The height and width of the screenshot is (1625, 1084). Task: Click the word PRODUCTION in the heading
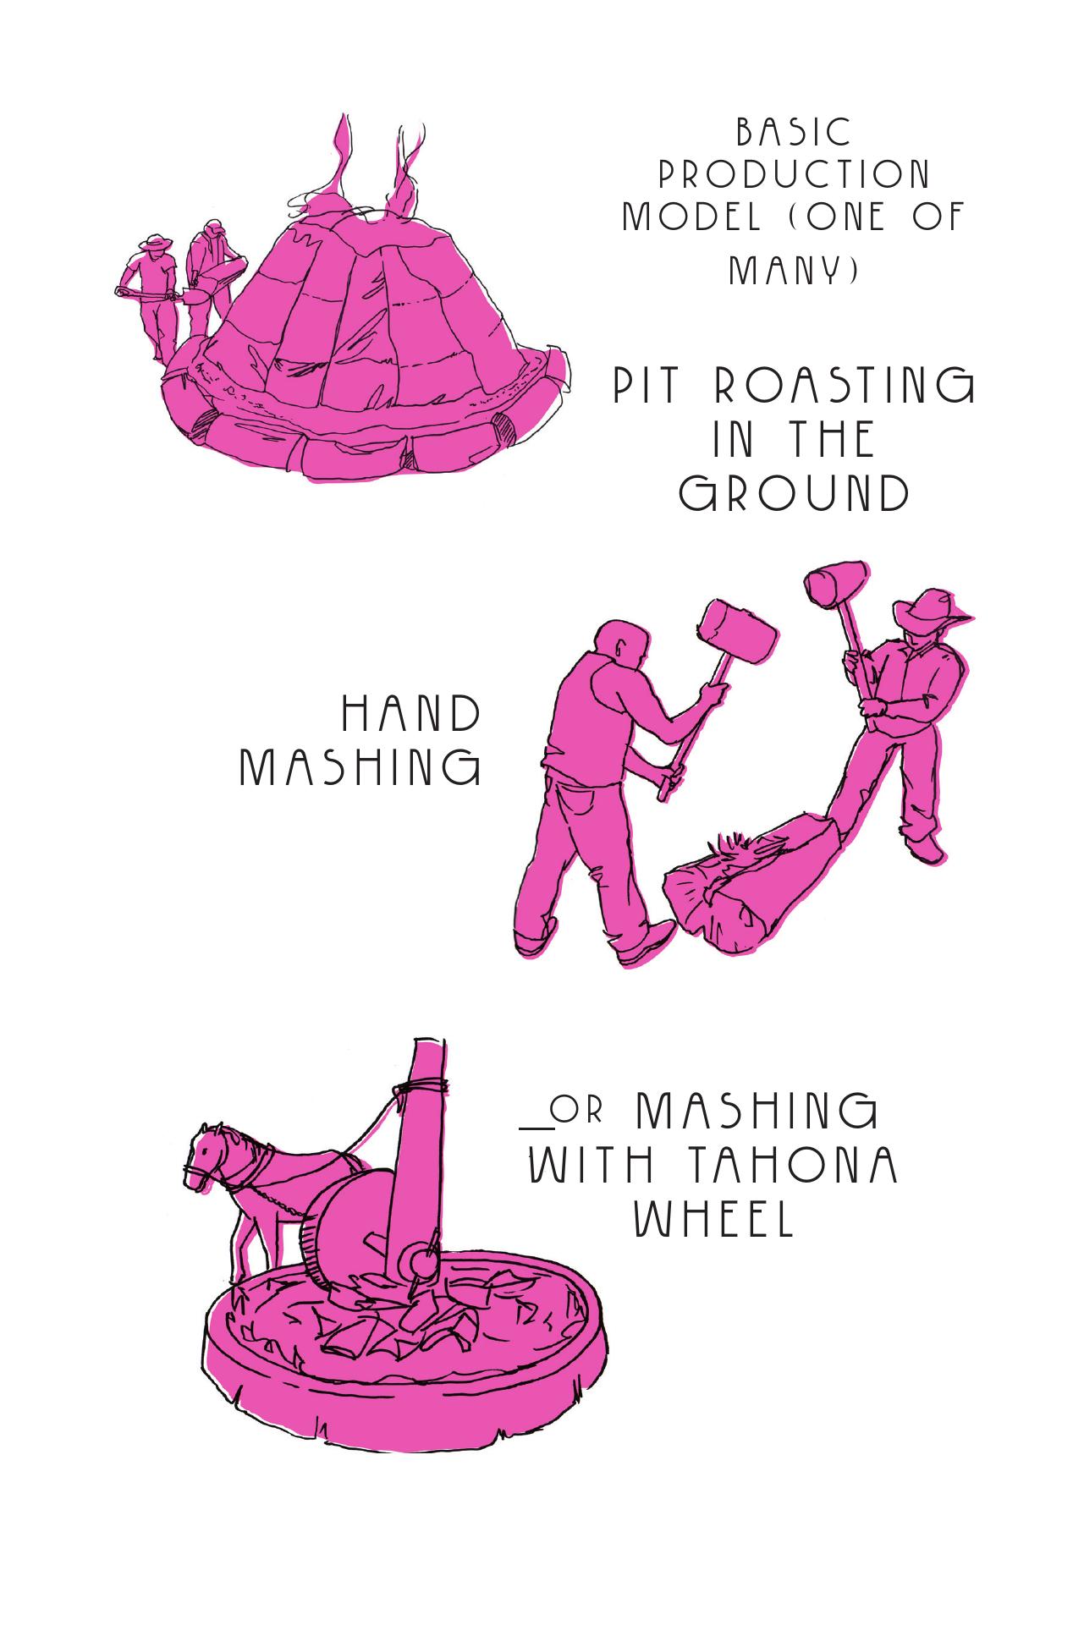pyautogui.click(x=795, y=175)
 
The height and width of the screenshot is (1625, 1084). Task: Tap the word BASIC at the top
pyautogui.click(x=794, y=132)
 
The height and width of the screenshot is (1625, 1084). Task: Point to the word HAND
pyautogui.click(x=411, y=714)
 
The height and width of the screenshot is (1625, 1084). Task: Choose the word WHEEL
pyautogui.click(x=716, y=1219)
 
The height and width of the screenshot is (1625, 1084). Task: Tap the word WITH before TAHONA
pyautogui.click(x=592, y=1166)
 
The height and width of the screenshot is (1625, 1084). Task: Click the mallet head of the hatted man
pyautogui.click(x=836, y=583)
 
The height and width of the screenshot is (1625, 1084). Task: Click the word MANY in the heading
pyautogui.click(x=795, y=271)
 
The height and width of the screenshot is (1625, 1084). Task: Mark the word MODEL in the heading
pyautogui.click(x=691, y=217)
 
